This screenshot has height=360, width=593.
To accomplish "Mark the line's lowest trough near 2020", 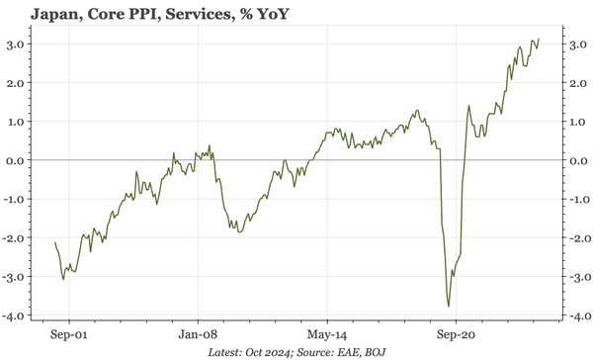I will pyautogui.click(x=449, y=307).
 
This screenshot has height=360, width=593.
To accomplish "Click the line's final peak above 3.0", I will pyautogui.click(x=539, y=40).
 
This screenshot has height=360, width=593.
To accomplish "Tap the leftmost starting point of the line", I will pyautogui.click(x=55, y=242).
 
